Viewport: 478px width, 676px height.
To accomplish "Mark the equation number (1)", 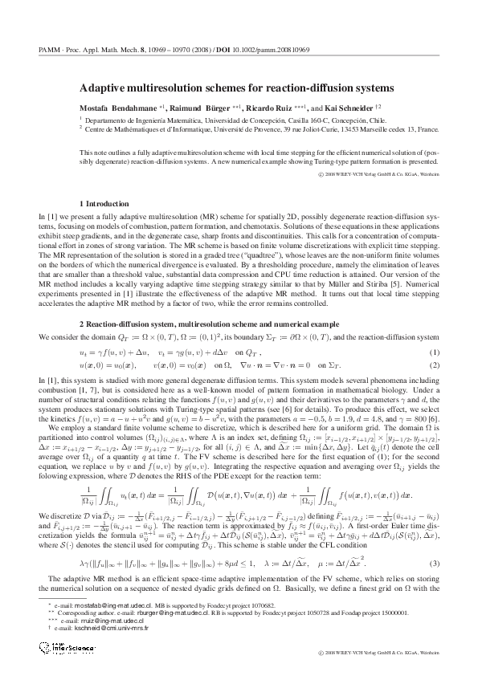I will coord(435,352).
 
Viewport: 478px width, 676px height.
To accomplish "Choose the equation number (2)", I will coord(435,364).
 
